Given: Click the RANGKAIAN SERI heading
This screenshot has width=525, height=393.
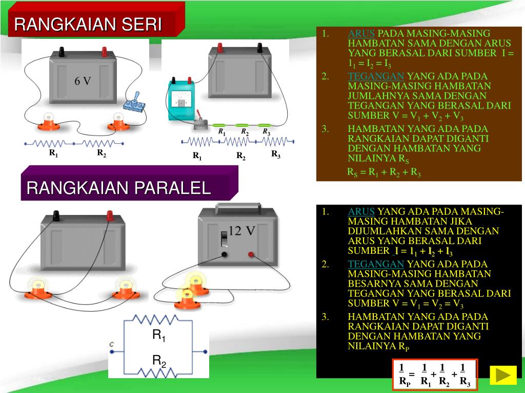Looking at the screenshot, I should coord(88,24).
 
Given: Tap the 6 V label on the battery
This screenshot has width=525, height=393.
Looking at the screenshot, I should coord(83,81).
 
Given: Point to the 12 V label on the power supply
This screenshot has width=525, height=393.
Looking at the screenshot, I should coord(241,231).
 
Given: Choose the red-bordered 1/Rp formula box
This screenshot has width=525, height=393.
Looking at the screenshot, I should coord(435,375).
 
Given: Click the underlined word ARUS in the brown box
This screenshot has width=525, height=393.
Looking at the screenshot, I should coord(361,34).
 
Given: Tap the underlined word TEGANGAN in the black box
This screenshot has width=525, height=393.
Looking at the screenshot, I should coord(376,264).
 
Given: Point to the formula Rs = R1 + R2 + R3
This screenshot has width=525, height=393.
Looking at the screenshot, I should coord(384,173).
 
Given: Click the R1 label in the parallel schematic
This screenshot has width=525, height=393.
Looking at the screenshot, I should coord(159,336).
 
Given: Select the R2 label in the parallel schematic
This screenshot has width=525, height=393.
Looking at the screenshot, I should coord(159,361).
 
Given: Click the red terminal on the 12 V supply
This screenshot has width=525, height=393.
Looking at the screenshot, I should coord(251,254).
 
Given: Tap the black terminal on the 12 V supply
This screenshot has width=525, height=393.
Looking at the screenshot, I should coord(224,254).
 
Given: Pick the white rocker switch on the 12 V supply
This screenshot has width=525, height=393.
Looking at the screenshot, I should coord(224,239).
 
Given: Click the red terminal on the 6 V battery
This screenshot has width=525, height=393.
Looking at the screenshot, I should coord(105,52).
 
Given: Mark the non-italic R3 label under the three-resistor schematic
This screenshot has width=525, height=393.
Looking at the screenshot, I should coord(275,154).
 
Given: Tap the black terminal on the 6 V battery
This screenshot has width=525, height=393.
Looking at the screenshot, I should coord(62,52).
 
